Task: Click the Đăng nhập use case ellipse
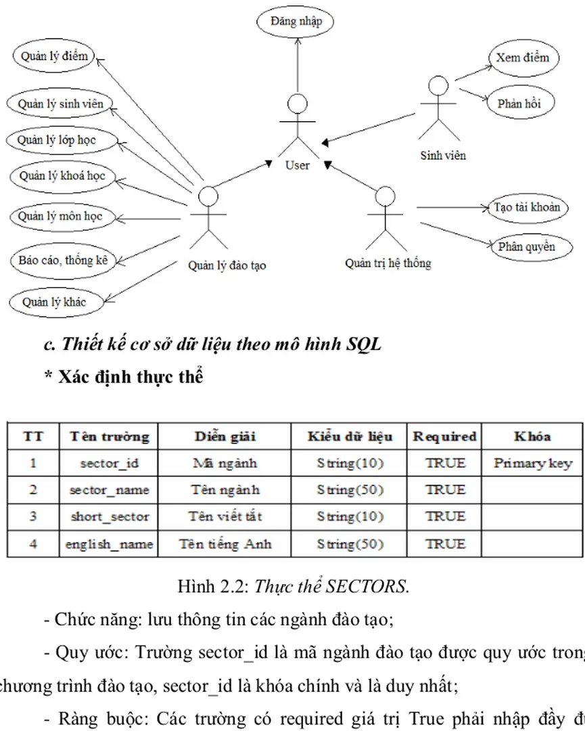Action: pyautogui.click(x=296, y=22)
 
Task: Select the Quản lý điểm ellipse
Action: pyautogui.click(x=54, y=57)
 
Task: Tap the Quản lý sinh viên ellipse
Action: pyautogui.click(x=61, y=104)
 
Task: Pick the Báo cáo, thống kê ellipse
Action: pyautogui.click(x=64, y=260)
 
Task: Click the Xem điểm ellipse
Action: pyautogui.click(x=522, y=58)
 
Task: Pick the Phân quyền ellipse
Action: pyautogui.click(x=526, y=247)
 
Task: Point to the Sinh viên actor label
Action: pyautogui.click(x=443, y=155)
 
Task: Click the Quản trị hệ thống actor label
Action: pyautogui.click(x=388, y=263)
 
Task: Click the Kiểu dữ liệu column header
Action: pyautogui.click(x=350, y=437)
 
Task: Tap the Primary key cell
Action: pyautogui.click(x=532, y=464)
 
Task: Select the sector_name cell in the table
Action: pyautogui.click(x=109, y=490)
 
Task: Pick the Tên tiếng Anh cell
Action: pyautogui.click(x=225, y=544)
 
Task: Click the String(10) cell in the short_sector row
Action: pyautogui.click(x=350, y=516)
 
